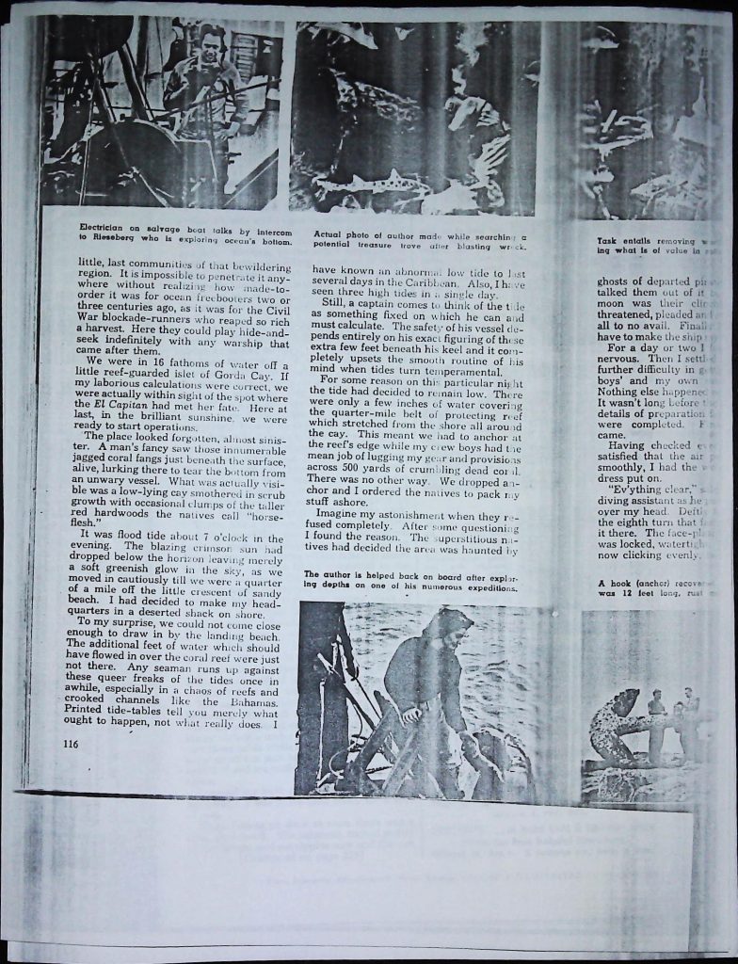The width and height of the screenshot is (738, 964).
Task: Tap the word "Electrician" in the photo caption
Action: coord(106,231)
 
